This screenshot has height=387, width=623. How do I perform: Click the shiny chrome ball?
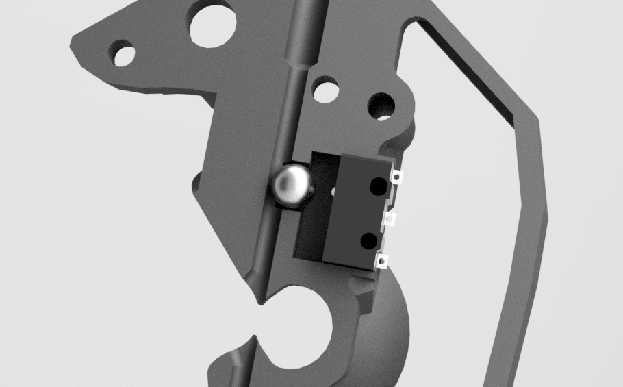(x=292, y=184)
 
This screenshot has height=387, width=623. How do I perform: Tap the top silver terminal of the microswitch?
(x=396, y=177)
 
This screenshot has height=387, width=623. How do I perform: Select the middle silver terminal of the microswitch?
(x=390, y=219)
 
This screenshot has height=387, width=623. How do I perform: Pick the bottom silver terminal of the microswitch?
(x=382, y=260)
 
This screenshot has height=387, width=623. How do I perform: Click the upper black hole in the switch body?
(x=377, y=186)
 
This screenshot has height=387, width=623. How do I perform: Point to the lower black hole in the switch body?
(x=368, y=240)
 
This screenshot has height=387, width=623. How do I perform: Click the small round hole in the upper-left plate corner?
(x=124, y=53)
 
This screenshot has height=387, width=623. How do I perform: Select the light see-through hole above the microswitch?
(x=326, y=90)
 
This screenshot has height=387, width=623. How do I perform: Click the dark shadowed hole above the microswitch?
(x=381, y=105)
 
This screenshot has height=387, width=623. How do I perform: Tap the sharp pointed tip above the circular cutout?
(x=259, y=301)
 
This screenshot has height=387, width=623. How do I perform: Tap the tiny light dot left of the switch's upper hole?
(x=334, y=192)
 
